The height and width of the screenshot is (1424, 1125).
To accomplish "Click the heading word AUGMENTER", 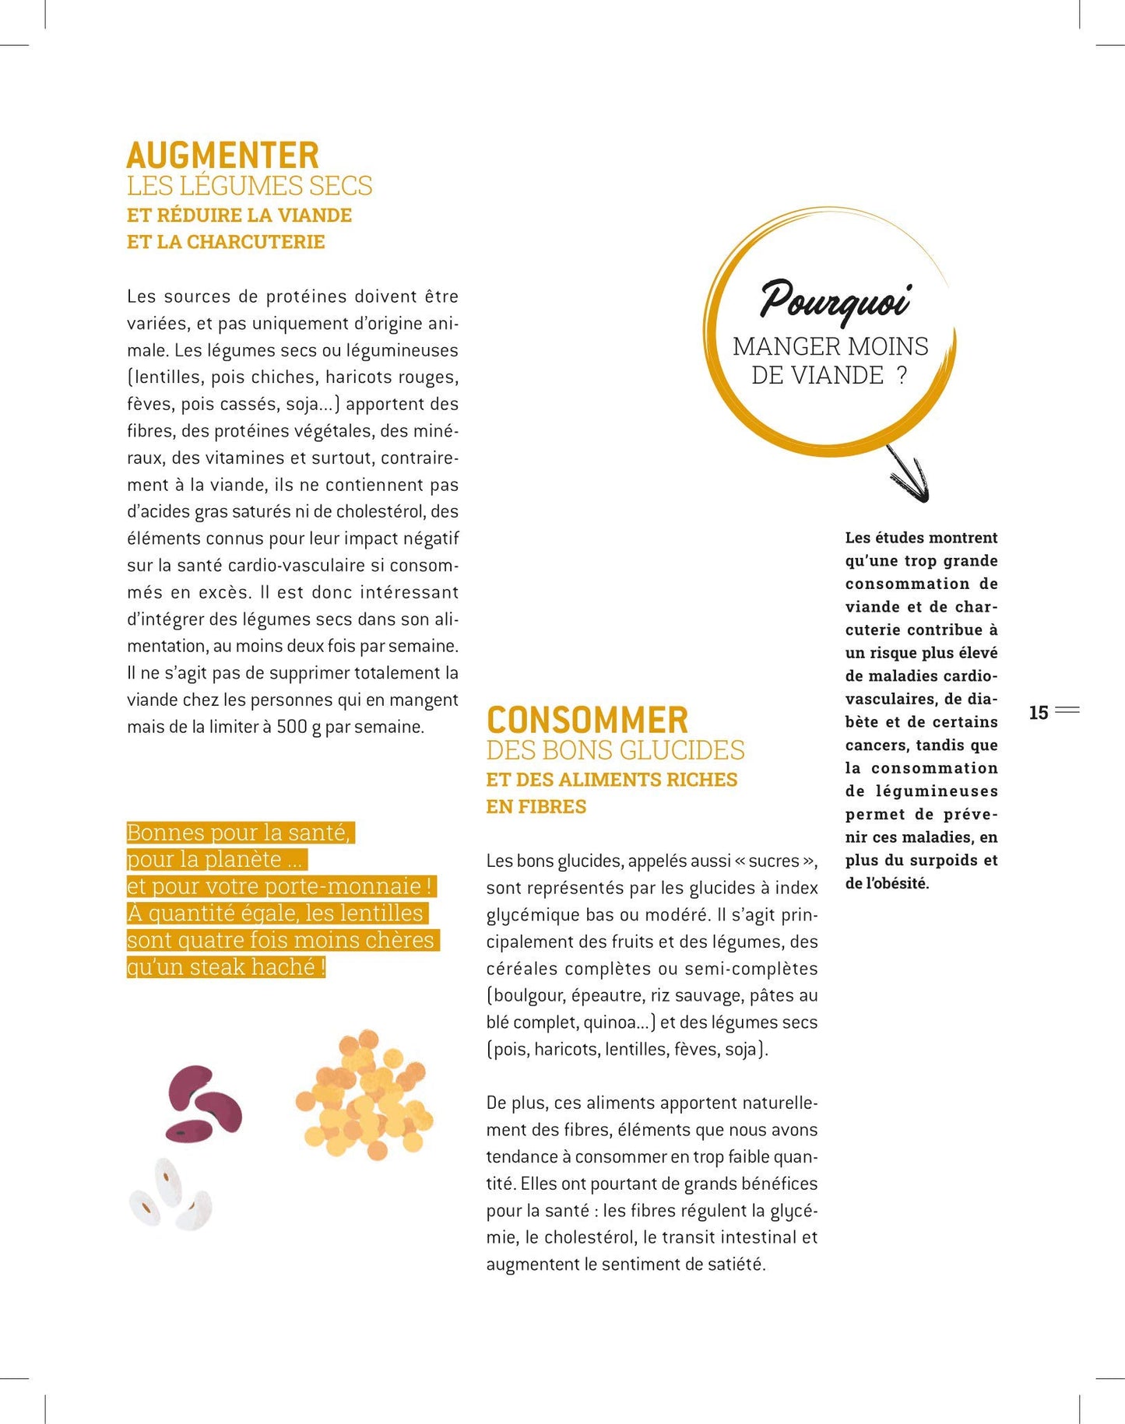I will click(223, 156).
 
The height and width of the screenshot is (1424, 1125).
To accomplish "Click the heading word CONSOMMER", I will click(587, 720).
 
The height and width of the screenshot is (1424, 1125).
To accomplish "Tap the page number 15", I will click(1039, 712).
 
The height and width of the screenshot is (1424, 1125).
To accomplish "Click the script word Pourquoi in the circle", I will click(835, 300).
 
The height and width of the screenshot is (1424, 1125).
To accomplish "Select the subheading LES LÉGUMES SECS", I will click(249, 186).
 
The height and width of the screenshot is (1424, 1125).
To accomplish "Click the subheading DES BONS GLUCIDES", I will click(615, 750).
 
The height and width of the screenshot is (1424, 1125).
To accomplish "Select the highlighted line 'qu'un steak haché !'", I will click(226, 967).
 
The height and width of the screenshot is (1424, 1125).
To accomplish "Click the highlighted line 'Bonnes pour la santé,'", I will click(240, 833).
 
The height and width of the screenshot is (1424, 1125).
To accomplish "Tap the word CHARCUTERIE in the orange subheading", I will click(255, 242).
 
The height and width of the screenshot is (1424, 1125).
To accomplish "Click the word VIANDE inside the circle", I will click(817, 376).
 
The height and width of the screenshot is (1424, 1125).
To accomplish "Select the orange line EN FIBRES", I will click(536, 807).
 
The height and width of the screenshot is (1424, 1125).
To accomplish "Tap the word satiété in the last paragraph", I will click(735, 1264).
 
